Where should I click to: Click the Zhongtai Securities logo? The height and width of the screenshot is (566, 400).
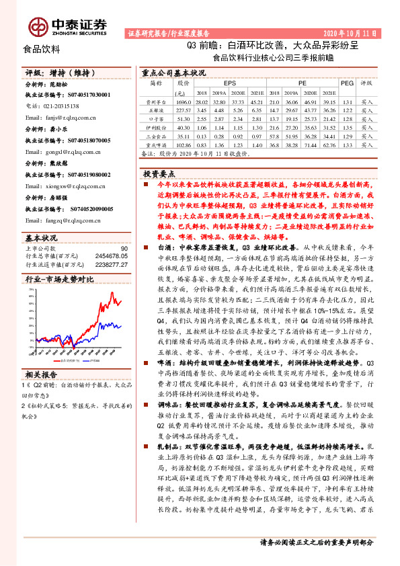tap(68, 26)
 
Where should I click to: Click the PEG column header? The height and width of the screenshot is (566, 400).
tap(347, 83)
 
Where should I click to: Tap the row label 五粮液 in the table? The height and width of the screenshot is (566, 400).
tap(156, 109)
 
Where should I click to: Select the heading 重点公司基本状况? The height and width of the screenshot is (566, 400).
tap(173, 72)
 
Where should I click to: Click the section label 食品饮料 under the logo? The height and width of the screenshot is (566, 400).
tap(42, 49)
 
